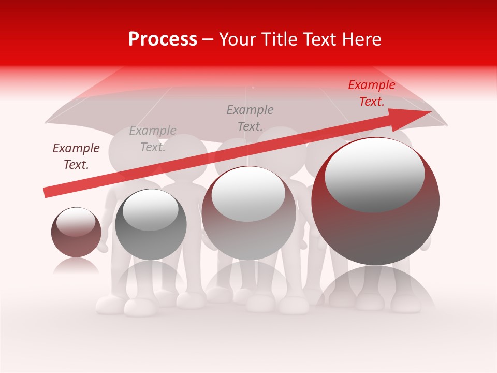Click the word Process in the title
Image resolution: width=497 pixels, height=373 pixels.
[163, 39]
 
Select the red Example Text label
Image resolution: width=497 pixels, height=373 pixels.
[372, 93]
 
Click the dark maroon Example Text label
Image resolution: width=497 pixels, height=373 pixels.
[76, 156]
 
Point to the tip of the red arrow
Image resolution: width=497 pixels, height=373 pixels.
[430, 112]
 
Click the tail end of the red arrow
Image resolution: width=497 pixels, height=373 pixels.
[46, 193]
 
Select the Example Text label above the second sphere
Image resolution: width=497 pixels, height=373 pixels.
[153, 139]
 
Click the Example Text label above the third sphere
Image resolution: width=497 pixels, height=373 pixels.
[250, 118]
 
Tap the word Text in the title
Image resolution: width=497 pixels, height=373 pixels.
[318, 39]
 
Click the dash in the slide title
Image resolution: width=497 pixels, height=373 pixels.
[208, 39]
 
